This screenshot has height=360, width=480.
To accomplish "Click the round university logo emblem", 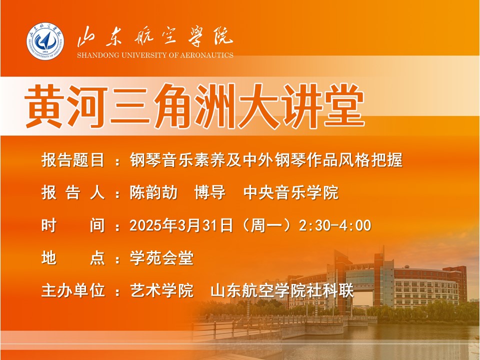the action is tap(45, 41).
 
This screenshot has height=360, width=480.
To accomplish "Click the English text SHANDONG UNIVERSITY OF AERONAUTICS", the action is tap(155, 55).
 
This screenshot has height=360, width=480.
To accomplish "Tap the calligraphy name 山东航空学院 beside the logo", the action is tap(155, 37).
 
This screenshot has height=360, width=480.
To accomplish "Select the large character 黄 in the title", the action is tap(45, 106).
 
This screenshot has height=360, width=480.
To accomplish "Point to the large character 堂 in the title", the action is tap(344, 106).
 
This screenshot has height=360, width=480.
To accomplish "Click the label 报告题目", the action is tap(73, 160).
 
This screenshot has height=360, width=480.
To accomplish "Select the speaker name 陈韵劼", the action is tap(153, 193).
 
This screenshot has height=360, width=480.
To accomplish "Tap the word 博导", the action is tap(210, 193).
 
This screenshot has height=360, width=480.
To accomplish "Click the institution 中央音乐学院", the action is tap(291, 193).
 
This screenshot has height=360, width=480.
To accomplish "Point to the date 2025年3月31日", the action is tap(181, 225).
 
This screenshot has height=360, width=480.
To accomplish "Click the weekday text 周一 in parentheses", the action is tap(265, 225).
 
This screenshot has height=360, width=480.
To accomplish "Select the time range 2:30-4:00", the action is tap(335, 225).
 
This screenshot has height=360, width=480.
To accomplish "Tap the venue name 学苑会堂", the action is tap(161, 258).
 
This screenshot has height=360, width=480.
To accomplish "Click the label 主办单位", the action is tap(73, 290).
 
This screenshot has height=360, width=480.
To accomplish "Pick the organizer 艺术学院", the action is tap(161, 290).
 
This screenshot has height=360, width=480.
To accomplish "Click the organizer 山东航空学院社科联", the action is tap(282, 290).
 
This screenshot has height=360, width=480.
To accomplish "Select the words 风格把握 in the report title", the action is tap(370, 160).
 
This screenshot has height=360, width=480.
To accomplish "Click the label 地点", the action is tap(73, 258).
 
